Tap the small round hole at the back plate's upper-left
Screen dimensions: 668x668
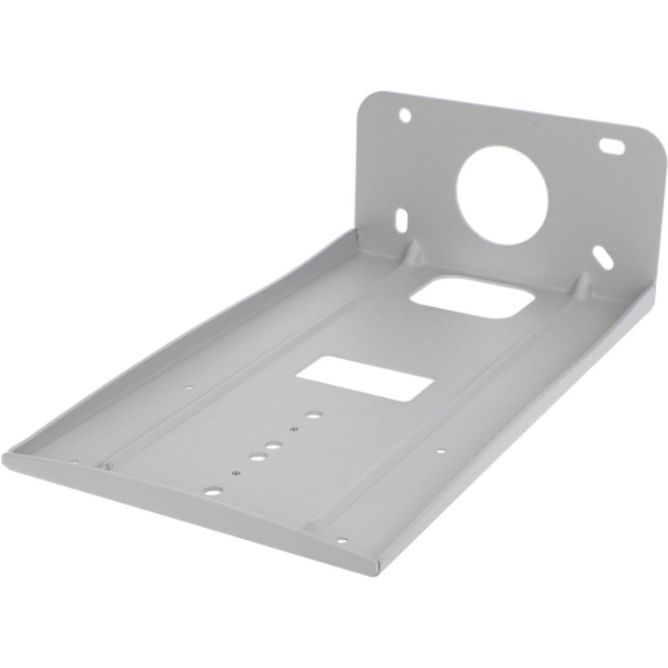pyautogui.click(x=405, y=115)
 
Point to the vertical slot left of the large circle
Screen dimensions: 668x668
pyautogui.click(x=402, y=220)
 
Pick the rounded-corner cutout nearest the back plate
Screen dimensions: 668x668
pyautogui.click(x=473, y=296)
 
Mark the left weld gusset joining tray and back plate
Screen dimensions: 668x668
pyautogui.click(x=414, y=250)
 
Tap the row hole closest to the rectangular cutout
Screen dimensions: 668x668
pyautogui.click(x=314, y=416)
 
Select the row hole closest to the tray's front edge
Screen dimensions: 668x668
pyautogui.click(x=213, y=489)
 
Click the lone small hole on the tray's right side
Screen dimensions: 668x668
pyautogui.click(x=441, y=452)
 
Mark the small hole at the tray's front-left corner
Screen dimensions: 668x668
pyautogui.click(x=73, y=461)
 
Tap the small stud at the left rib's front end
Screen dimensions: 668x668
pyautogui.click(x=107, y=465)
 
